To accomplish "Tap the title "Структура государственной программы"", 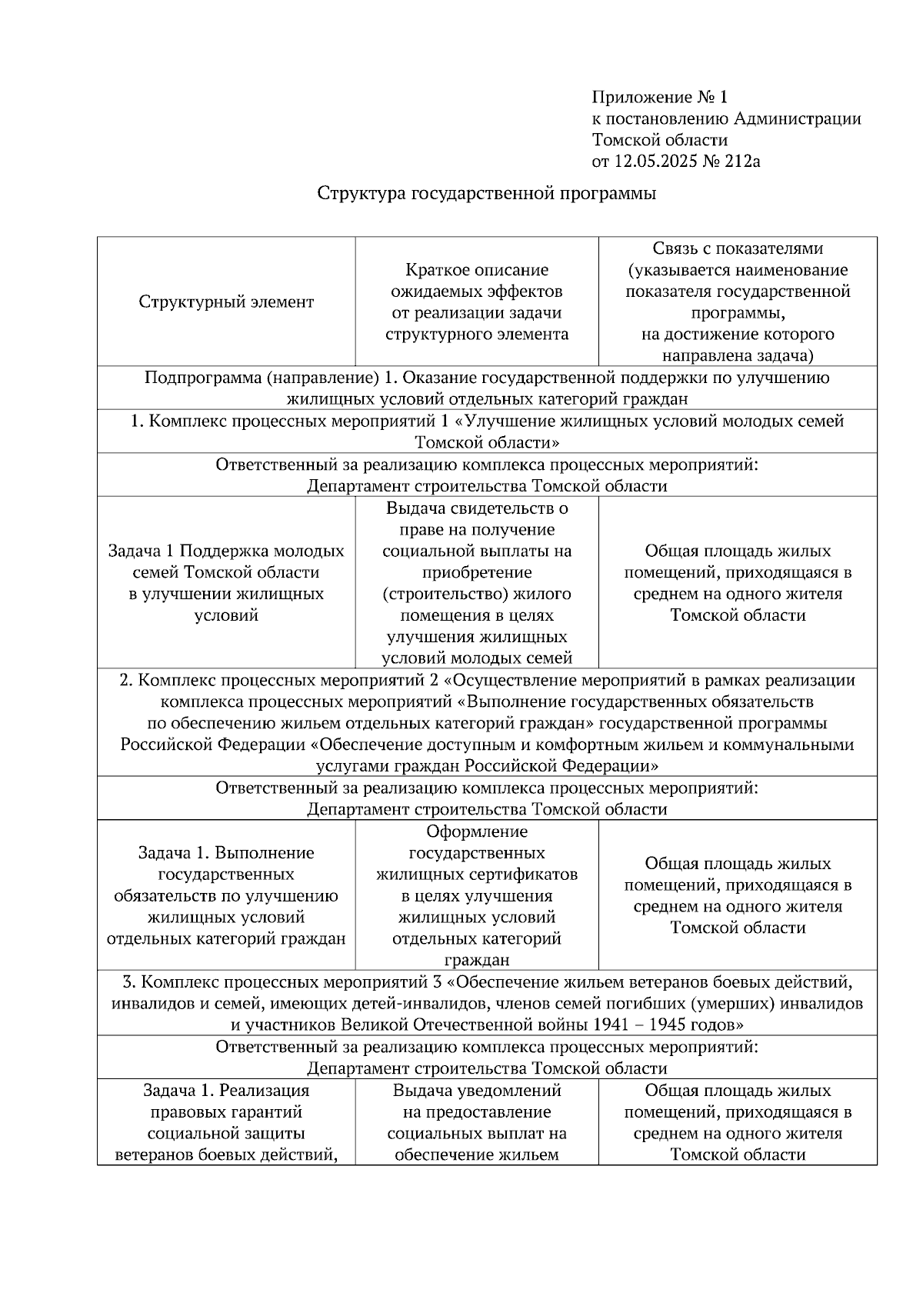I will point(487,194).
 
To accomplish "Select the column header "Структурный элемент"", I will point(226,302).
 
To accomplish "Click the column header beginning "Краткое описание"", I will point(477,302).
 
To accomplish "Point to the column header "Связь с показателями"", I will point(738,302).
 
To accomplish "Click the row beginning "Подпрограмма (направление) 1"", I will point(487,388).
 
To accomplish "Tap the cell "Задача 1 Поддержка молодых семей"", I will point(226,582).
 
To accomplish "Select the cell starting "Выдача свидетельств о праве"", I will point(477,582).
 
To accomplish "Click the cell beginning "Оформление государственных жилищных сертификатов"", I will point(477,895).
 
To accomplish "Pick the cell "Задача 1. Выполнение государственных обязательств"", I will point(226,895).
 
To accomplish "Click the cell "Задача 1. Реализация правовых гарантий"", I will point(226,1122).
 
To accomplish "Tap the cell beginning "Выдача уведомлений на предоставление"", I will point(477,1122).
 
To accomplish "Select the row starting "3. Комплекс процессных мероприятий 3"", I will point(487,1003).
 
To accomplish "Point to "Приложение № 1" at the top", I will point(659,97).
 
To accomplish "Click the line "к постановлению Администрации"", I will point(726,118).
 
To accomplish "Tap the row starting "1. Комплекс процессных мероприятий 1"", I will point(487,431).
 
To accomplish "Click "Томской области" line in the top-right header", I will point(659,140).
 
